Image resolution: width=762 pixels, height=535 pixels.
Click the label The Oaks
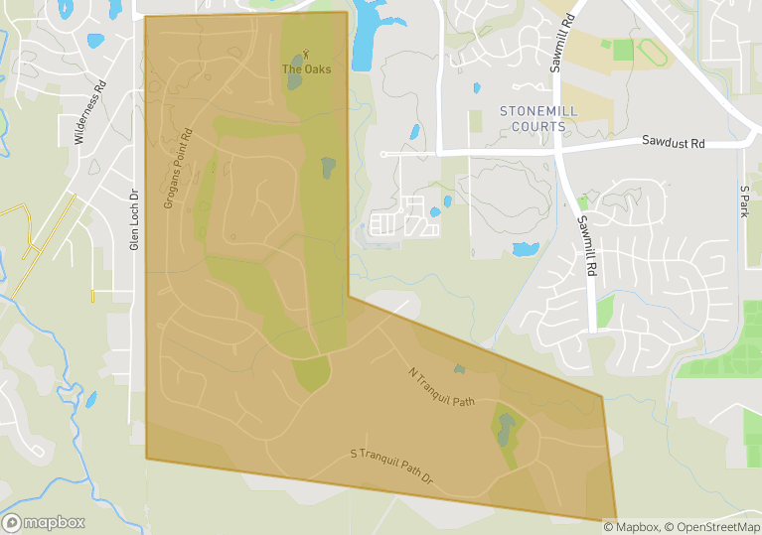click(306, 69)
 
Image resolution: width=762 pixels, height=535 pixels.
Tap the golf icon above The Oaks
click(306, 55)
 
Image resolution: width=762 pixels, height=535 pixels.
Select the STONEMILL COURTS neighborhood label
click(538, 119)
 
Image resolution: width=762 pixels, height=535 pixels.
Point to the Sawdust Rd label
click(673, 143)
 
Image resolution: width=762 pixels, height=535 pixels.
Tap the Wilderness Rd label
click(89, 113)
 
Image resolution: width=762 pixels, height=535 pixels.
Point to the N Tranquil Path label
click(442, 387)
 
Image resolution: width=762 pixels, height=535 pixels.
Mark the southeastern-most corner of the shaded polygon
click(616, 518)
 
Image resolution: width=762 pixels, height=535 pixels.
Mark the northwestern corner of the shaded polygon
click(146, 16)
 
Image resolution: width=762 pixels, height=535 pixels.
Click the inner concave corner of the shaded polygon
click(349, 296)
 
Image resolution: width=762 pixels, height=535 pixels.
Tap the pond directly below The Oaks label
click(295, 82)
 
